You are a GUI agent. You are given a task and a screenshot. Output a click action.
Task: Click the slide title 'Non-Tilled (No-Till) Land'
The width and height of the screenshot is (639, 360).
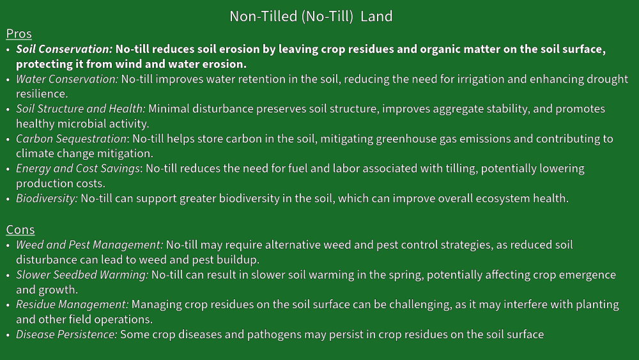311,17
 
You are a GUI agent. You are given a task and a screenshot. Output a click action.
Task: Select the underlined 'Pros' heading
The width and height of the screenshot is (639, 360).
19,34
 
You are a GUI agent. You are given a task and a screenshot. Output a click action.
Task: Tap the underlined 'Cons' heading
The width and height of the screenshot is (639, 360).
20,230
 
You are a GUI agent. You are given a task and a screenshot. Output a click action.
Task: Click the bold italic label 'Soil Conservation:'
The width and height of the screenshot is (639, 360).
64,49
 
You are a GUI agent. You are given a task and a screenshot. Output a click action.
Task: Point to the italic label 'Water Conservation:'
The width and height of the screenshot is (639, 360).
67,79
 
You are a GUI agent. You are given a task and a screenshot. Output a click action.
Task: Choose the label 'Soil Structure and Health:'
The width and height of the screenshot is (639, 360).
81,109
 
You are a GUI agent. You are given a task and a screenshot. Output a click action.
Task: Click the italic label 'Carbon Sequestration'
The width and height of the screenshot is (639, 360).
72,139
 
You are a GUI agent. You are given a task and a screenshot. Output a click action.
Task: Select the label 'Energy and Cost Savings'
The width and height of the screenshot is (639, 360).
78,169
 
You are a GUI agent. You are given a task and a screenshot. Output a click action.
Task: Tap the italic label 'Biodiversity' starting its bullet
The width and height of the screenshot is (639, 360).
45,199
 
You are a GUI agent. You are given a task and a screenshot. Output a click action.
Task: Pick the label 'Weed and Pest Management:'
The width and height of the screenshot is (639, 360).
89,245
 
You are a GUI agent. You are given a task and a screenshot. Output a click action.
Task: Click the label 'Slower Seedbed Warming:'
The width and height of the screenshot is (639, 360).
82,275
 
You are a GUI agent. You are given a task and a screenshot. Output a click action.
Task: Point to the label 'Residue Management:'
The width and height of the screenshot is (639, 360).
72,304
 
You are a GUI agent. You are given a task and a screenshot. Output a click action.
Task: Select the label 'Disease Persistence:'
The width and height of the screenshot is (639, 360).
66,334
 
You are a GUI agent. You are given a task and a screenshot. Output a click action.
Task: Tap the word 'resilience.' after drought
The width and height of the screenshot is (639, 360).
42,94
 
